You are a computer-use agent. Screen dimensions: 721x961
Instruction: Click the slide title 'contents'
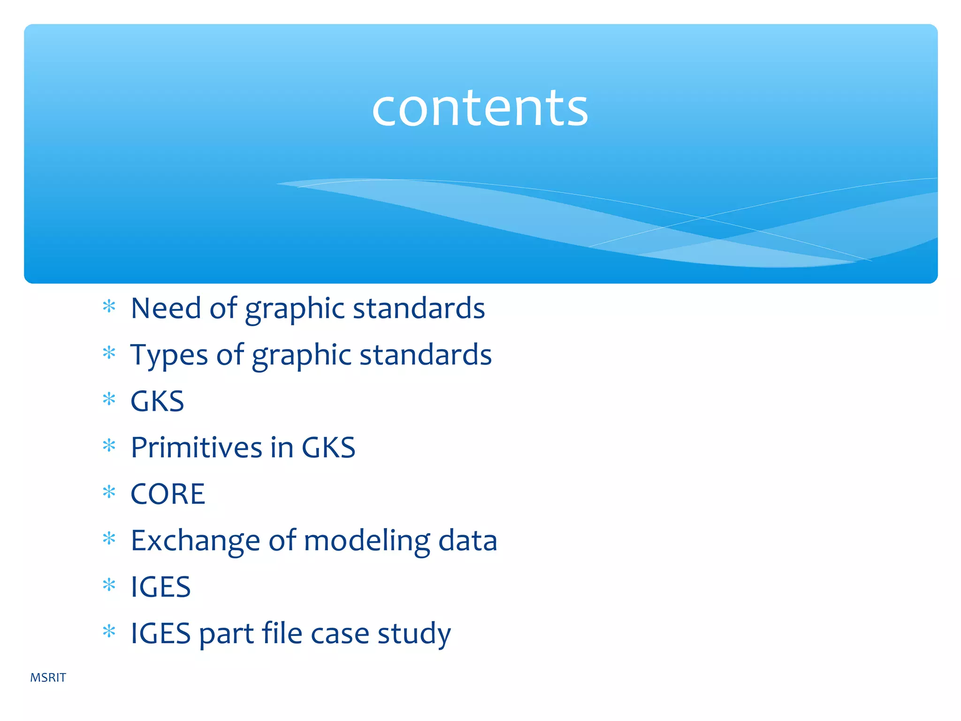coord(480,109)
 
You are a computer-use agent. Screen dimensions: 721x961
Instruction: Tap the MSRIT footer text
coord(48,677)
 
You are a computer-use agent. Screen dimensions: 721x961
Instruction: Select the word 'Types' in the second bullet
coord(169,355)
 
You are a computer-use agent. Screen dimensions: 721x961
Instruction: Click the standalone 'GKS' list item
coord(157,401)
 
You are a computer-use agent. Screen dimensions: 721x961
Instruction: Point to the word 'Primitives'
coord(196,447)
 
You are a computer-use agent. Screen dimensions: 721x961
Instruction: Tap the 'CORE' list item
coord(168,494)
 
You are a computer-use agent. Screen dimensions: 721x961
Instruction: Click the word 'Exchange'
coord(195,540)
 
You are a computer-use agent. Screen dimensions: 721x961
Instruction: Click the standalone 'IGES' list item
coord(160,587)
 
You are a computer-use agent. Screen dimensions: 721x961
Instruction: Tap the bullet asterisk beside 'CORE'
coord(109,492)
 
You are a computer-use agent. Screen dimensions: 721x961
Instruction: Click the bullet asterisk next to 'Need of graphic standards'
coord(109,307)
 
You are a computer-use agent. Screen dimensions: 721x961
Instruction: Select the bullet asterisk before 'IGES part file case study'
coord(109,631)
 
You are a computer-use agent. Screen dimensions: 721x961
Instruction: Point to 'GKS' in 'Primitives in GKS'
coord(328,447)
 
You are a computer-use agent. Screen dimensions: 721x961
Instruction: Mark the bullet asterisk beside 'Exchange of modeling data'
coord(109,538)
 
